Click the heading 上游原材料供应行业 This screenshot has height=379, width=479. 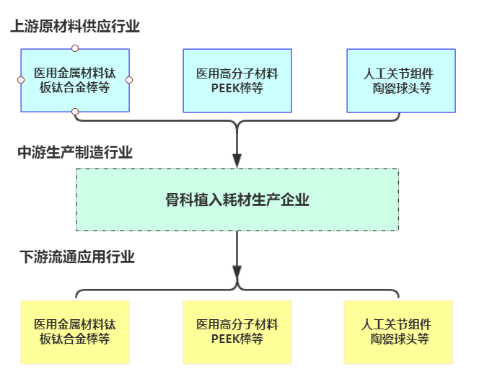75,27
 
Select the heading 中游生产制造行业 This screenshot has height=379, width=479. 75,152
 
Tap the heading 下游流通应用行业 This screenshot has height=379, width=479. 76,257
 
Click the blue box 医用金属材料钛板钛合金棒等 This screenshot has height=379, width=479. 75,81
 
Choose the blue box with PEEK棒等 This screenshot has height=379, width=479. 237,81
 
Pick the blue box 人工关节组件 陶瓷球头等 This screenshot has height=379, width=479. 400,81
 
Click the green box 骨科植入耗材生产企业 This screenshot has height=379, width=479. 237,200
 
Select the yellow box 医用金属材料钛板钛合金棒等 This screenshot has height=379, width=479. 75,332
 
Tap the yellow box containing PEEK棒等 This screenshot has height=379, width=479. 237,332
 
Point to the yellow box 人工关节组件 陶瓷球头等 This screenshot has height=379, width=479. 399,332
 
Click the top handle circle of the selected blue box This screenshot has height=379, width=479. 75,48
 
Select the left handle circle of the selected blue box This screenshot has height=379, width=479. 21,80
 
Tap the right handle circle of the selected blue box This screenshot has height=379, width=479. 130,80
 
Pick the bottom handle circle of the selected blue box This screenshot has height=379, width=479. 75,112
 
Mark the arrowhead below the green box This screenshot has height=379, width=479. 237,271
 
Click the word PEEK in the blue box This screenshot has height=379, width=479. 226,88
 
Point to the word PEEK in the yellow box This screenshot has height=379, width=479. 226,339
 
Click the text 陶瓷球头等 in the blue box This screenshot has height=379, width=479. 401,88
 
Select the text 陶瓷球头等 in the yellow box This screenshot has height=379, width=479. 400,339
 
